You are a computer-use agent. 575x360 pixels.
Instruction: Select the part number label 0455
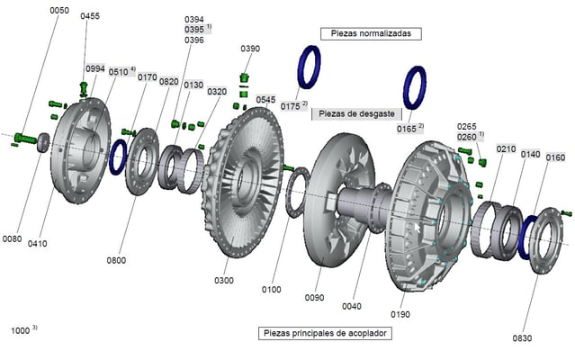coord(90,16)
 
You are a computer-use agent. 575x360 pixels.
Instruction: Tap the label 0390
coord(250,48)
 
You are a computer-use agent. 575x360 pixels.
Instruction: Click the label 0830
coord(523,337)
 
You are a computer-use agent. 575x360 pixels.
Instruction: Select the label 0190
coord(400,314)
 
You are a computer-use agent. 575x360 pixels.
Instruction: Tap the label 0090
coord(314,297)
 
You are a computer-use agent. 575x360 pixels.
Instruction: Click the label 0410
coord(37,243)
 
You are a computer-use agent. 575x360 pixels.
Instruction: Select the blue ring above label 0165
coord(415,87)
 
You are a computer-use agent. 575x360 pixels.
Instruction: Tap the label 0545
coord(265,100)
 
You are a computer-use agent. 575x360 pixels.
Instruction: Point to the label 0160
coord(555,157)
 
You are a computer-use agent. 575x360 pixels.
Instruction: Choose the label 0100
coord(272,290)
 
